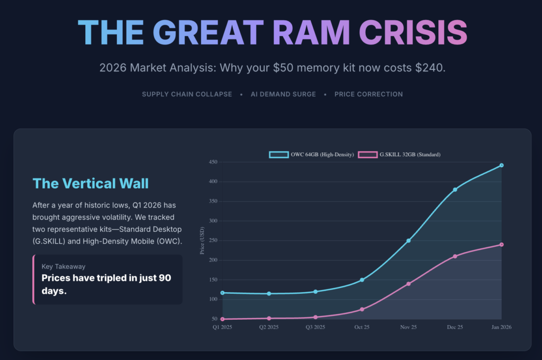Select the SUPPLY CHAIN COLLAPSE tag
187,94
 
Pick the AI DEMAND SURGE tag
283,94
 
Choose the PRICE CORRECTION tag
368,94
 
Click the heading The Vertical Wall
91,183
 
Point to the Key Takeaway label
64,266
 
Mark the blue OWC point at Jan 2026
501,165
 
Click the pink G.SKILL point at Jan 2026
501,245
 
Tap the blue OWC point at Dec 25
455,190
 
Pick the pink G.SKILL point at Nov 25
409,284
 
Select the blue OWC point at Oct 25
362,280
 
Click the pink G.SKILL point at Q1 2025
223,319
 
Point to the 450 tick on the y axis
213,162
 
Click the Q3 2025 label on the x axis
315,327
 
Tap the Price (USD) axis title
202,241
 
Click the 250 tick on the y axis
213,240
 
